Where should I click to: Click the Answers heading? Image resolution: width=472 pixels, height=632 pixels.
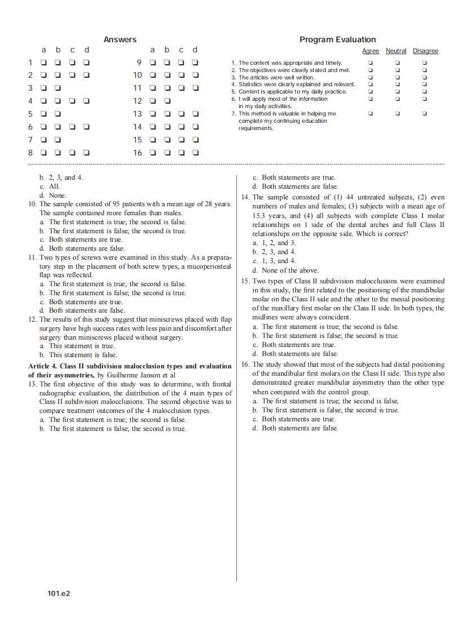120,39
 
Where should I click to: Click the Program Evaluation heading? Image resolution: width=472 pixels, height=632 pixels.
337,39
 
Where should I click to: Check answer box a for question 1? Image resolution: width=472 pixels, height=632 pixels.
43,63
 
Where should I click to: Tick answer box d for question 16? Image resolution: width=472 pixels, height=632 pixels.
195,152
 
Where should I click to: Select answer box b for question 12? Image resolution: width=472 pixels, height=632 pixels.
167,101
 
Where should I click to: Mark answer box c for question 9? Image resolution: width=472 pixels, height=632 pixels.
181,63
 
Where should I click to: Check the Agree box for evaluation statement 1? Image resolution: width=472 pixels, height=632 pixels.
371,63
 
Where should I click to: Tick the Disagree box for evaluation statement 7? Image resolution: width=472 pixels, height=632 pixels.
425,113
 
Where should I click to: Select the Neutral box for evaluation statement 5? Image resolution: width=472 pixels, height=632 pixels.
397,91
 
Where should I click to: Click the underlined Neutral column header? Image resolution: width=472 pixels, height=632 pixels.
396,51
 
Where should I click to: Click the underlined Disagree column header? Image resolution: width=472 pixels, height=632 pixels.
425,51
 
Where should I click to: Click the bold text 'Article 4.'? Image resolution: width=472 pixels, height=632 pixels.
42,366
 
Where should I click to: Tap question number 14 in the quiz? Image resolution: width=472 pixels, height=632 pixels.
245,197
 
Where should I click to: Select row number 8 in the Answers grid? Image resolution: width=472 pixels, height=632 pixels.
31,152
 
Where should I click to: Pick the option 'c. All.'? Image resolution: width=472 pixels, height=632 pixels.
50,186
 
